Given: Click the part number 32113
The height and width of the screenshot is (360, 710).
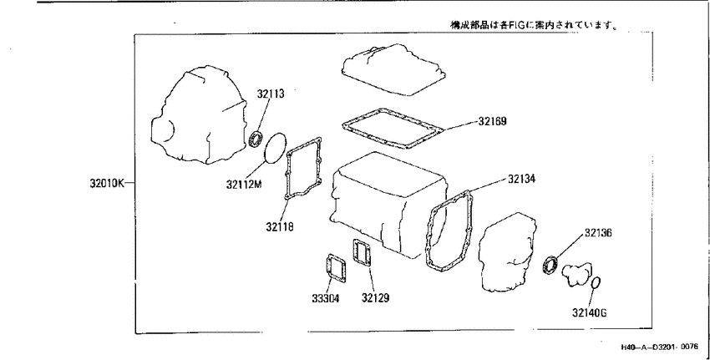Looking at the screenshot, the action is (271, 94).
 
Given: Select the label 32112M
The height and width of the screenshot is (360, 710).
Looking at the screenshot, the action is (245, 184).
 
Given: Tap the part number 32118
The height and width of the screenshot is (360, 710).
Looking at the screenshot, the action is (279, 226).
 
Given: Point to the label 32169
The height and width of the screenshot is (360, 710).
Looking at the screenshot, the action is (492, 121).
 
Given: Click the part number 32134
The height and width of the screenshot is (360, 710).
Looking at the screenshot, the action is (521, 179).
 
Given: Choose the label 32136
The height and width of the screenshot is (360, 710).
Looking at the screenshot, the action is (598, 233).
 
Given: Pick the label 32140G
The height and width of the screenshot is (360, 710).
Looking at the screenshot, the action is (589, 313).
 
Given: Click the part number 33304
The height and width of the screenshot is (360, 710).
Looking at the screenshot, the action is (326, 298).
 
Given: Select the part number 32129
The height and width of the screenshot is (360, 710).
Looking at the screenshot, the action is (375, 298).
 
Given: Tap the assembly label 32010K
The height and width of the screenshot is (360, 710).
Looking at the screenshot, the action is (107, 184).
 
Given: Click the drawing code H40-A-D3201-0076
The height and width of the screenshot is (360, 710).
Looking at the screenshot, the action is (659, 347).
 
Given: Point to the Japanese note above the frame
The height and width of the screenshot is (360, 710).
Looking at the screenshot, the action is (535, 25).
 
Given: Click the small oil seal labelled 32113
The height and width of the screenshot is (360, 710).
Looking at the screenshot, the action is (257, 138).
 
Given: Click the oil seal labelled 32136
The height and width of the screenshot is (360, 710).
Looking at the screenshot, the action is (550, 265).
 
